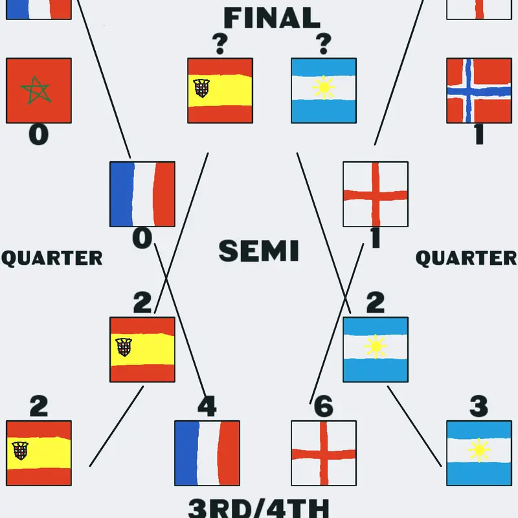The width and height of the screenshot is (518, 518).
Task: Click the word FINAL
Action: [x=272, y=18]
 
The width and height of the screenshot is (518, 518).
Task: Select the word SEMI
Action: [x=258, y=251]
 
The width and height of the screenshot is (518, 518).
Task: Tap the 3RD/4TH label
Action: [x=258, y=508]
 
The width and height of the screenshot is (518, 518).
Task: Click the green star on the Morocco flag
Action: [x=36, y=90]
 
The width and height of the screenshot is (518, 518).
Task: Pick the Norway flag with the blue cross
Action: [x=479, y=91]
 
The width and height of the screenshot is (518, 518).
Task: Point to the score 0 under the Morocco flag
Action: [x=39, y=135]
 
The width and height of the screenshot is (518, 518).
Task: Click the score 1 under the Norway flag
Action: [x=479, y=135]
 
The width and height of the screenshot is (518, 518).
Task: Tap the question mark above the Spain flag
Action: [x=220, y=44]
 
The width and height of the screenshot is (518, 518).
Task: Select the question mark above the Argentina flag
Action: [x=324, y=44]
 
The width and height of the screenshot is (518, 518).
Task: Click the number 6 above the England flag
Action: [x=323, y=406]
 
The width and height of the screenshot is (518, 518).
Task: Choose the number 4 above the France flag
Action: [x=207, y=406]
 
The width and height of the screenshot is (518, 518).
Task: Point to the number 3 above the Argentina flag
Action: [x=479, y=406]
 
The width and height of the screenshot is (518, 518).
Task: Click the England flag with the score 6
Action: [x=324, y=453]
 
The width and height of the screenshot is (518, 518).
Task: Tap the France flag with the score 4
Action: [x=207, y=453]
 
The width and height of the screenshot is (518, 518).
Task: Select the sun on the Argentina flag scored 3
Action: [x=479, y=450]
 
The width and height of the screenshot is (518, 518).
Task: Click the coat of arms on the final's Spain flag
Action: [x=201, y=88]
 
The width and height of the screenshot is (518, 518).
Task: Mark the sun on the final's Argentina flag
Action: [x=324, y=87]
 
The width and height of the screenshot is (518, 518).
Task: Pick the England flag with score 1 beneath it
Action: [x=376, y=194]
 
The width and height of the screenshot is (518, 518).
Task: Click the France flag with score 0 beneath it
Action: [x=142, y=194]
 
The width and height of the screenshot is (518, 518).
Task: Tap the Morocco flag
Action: [x=39, y=91]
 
